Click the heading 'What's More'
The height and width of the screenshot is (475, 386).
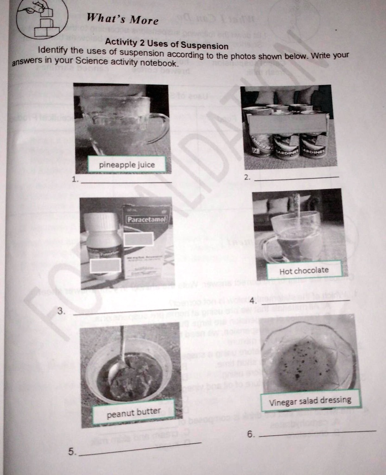click(122, 19)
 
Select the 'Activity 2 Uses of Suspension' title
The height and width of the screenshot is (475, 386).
click(166, 45)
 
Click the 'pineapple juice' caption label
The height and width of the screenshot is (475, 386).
click(127, 165)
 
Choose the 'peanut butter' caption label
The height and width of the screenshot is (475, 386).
click(133, 411)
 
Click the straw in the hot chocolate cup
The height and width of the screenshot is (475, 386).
click(297, 209)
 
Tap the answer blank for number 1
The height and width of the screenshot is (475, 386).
click(126, 182)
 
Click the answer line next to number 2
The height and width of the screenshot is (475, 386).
click(296, 178)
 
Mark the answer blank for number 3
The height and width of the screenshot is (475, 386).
click(125, 311)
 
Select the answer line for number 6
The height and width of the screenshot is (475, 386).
click(317, 433)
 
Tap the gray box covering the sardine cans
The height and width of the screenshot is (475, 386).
click(287, 123)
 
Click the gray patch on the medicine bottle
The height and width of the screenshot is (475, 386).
click(105, 265)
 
